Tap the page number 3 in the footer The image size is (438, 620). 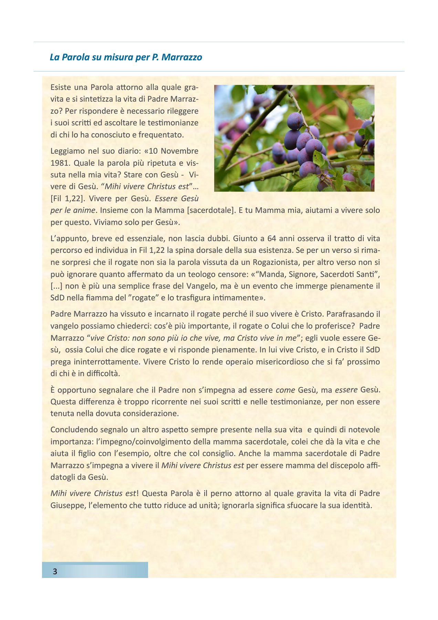tap(55, 571)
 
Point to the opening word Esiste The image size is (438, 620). tap(61, 87)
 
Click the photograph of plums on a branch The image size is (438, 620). tap(294, 138)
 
